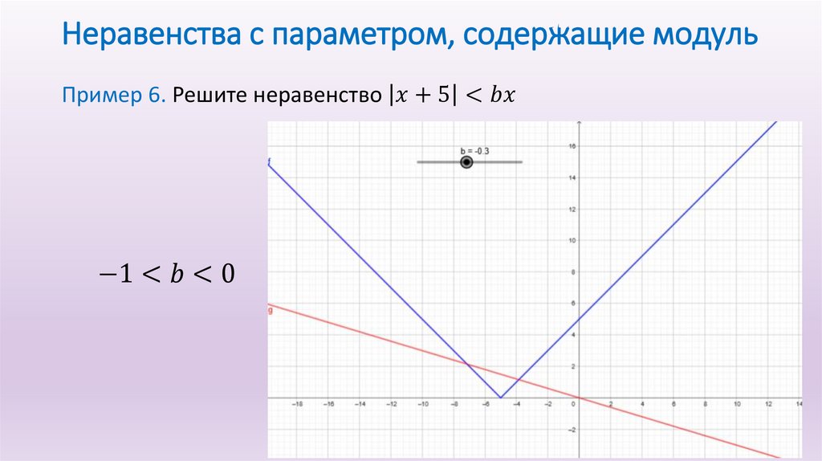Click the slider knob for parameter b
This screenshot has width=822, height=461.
pos(466,162)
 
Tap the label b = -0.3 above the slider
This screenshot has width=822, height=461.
pos(475,151)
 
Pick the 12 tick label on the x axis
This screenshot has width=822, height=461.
pos(768,405)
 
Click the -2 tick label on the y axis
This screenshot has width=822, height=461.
pos(572,430)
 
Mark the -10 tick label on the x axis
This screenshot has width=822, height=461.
pos(422,405)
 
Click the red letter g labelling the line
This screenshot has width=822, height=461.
pos(270,310)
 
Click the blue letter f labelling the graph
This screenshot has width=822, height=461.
pos(270,162)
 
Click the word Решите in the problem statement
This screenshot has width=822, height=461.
pos(210,96)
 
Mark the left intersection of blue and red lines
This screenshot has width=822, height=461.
pos(467,364)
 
